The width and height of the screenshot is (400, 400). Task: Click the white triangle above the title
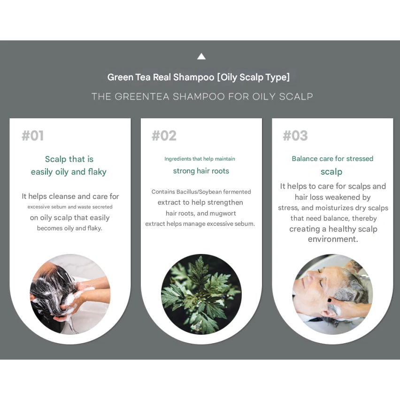point(201,56)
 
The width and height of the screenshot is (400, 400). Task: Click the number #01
point(33,136)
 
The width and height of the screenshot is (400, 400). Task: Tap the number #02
point(164,136)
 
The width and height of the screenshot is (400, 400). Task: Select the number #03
point(295,136)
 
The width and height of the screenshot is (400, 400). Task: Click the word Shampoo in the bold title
point(193,77)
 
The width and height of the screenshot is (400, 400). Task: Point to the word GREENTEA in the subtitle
point(142,96)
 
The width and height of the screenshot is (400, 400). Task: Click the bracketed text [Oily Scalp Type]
point(254,77)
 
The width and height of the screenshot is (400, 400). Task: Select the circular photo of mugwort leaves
point(201,294)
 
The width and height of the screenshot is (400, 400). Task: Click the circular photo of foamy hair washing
point(70,294)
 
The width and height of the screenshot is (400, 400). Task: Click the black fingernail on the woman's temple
point(329,300)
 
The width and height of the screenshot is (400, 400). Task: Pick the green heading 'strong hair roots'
point(201,171)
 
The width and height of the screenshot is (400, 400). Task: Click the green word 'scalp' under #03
point(331,172)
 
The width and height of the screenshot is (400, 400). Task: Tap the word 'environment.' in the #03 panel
point(333,239)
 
